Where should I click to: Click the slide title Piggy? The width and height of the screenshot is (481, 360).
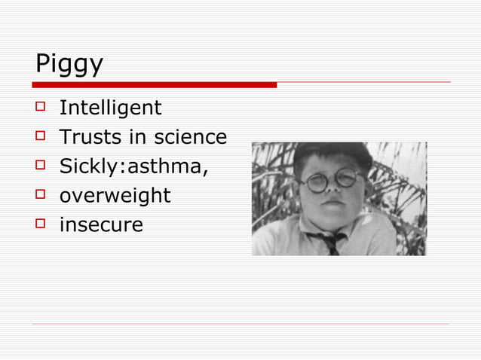pos(69,64)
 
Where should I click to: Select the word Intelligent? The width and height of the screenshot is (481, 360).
pos(110,108)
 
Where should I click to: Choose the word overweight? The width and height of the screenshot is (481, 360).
pos(115,196)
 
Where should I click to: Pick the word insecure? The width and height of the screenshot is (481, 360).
pos(101,224)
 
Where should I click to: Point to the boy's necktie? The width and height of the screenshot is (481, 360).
pos(330,242)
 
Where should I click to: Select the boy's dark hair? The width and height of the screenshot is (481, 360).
pos(332,155)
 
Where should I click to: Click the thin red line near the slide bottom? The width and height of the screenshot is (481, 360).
pos(240,325)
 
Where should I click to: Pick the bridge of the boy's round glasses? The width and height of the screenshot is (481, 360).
pos(329,179)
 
